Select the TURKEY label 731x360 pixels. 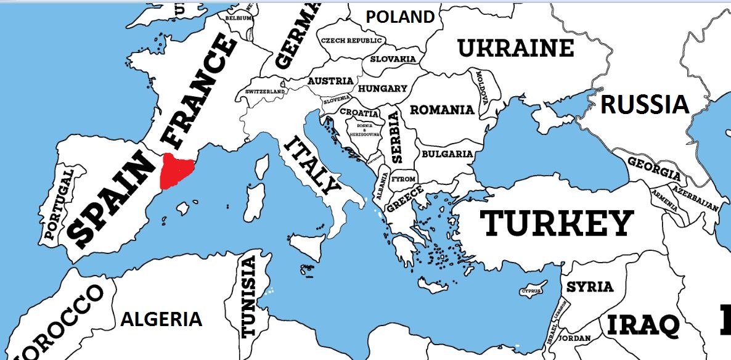tap(557, 223)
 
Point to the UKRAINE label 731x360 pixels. tap(515, 47)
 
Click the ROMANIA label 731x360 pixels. tap(442, 110)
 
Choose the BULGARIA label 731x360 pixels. tap(447, 154)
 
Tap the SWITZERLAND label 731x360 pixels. tap(265, 91)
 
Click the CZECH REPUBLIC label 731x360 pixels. tap(351, 41)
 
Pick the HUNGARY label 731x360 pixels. tap(382, 89)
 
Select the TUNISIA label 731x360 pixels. tap(248, 298)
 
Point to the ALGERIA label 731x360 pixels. tap(161, 319)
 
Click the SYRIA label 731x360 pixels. tap(590, 287)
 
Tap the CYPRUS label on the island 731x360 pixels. tap(531, 290)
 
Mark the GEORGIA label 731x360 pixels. tap(655, 167)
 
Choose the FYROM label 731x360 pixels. tap(404, 179)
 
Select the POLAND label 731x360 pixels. tap(400, 17)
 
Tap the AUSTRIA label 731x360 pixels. tap(330, 81)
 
